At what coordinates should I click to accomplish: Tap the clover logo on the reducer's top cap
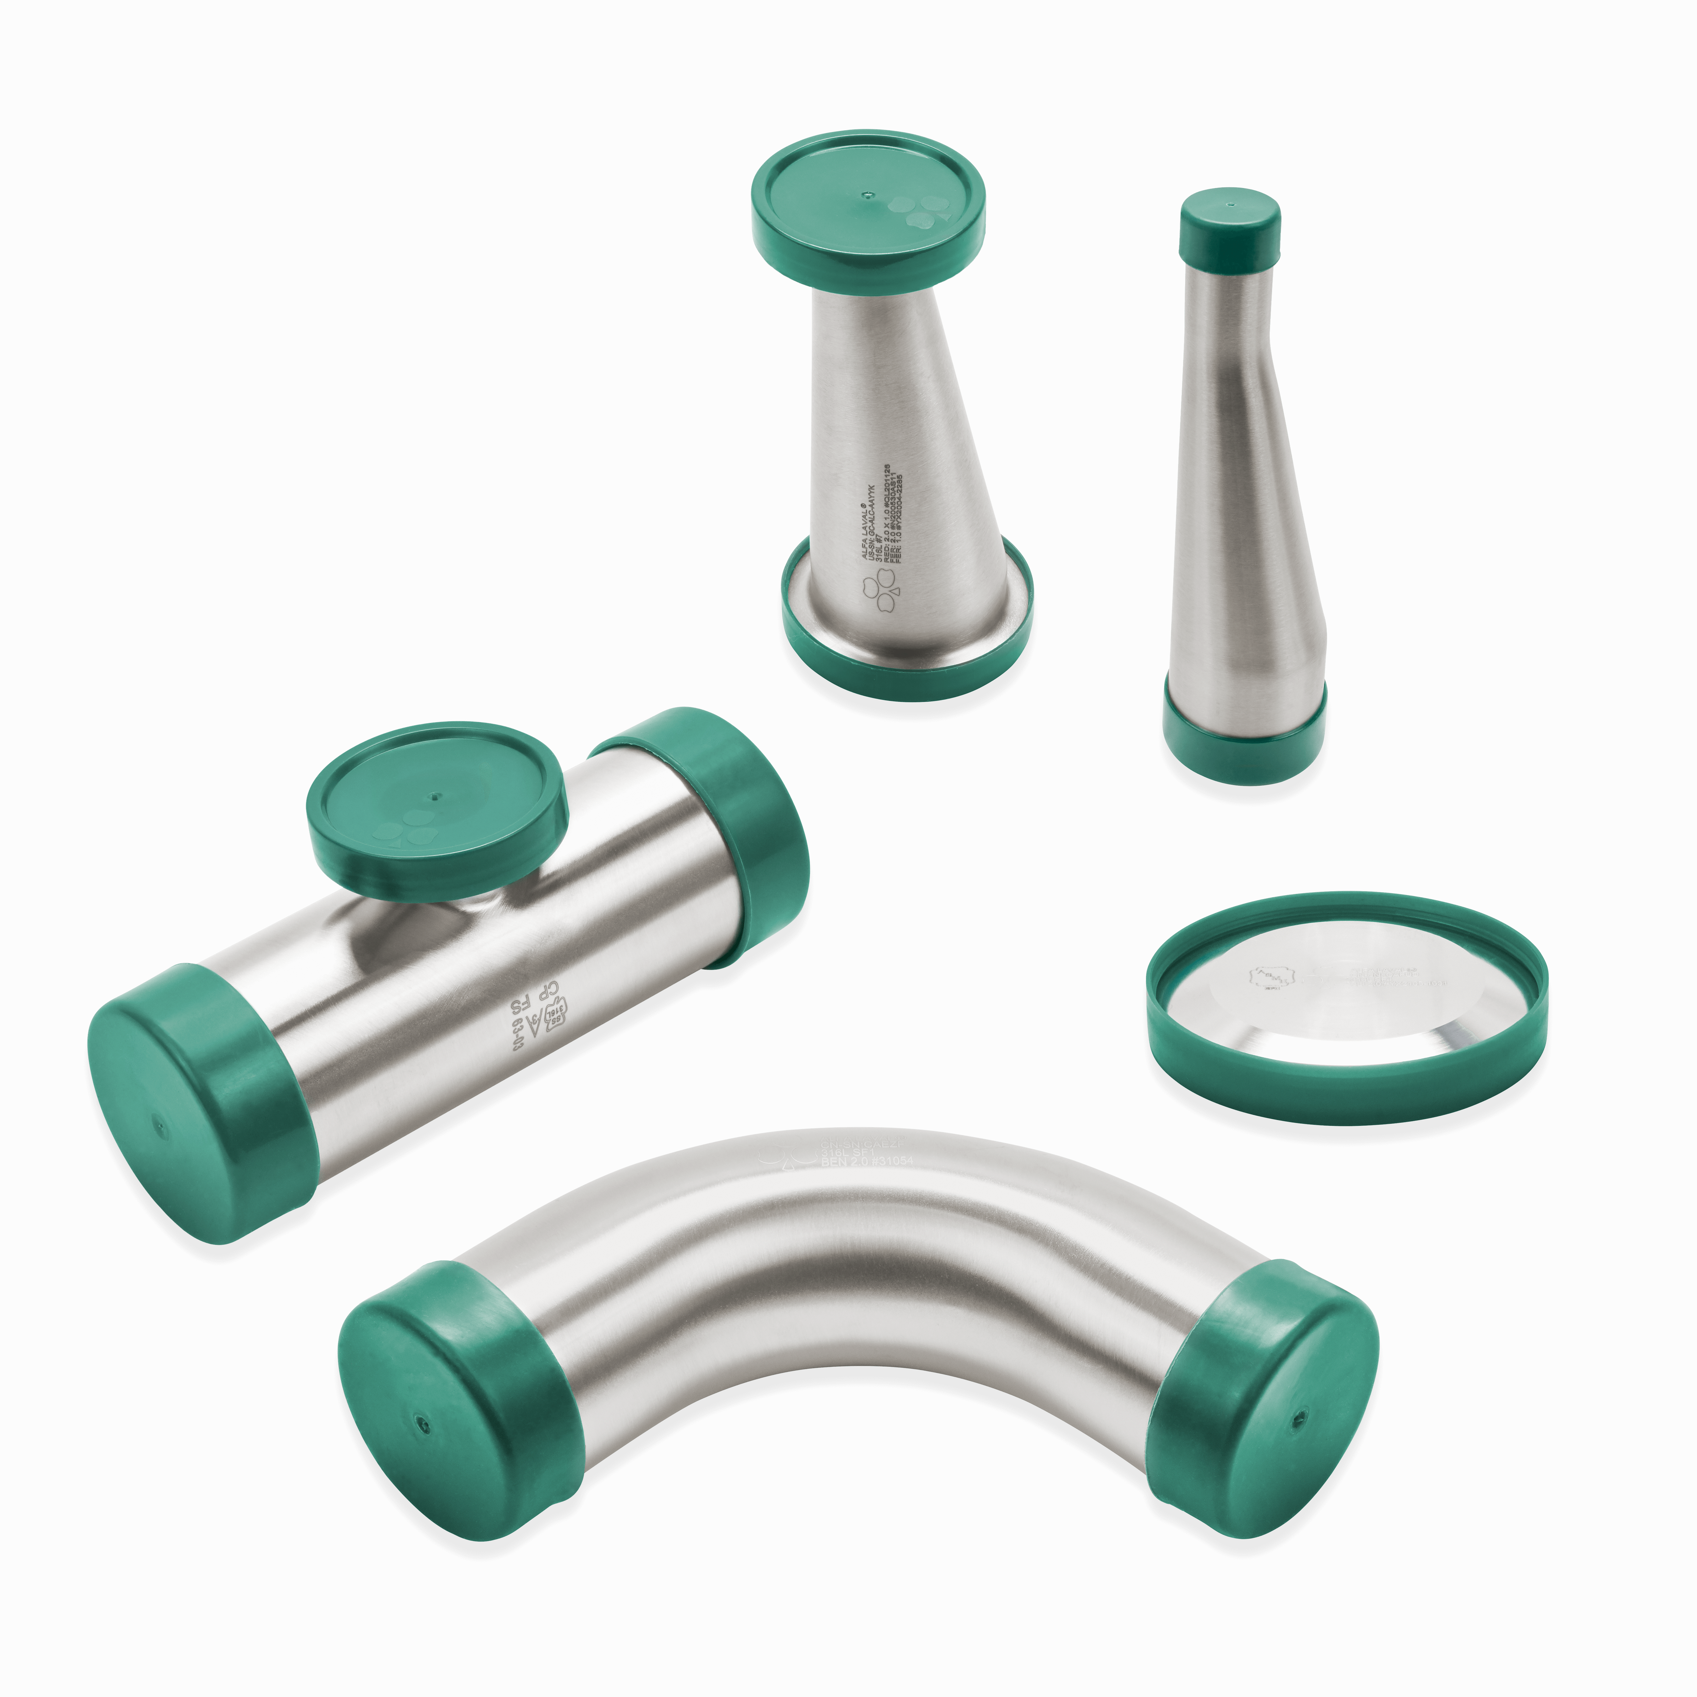coord(914,211)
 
